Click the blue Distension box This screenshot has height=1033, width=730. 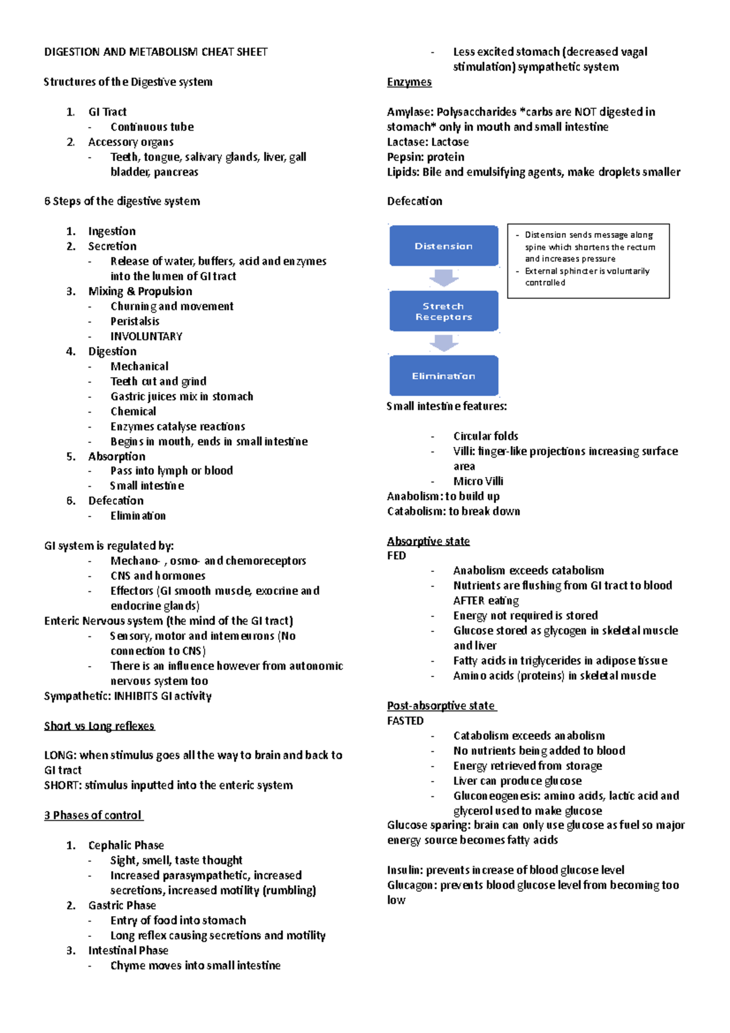443,246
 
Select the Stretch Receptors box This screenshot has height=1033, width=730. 443,311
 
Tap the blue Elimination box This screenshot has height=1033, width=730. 443,376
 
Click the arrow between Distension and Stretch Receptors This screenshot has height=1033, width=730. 443,278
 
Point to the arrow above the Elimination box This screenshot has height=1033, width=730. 443,343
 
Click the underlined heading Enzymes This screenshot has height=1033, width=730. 409,82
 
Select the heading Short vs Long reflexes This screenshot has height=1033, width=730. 99,726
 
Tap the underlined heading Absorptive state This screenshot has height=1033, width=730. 428,541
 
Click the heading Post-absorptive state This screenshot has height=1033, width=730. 442,706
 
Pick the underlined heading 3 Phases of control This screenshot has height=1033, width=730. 94,815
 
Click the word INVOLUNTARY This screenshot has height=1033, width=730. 146,336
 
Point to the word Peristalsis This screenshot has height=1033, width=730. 134,321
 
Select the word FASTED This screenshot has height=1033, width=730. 405,721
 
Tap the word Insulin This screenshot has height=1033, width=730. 405,870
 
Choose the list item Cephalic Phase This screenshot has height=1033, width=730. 126,845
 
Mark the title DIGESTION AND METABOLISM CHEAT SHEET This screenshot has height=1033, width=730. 156,52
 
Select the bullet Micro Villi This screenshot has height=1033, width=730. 478,481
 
